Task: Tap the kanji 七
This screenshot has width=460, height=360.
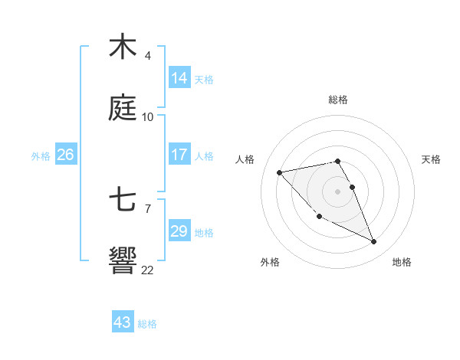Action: click(x=122, y=201)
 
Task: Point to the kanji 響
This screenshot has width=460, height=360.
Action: click(x=122, y=261)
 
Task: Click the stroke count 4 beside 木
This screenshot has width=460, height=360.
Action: click(x=148, y=56)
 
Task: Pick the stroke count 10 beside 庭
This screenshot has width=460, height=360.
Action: click(x=148, y=117)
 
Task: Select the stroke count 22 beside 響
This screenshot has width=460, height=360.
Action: click(x=148, y=270)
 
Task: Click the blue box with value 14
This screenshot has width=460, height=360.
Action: click(x=179, y=78)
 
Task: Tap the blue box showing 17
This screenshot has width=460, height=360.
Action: click(x=179, y=155)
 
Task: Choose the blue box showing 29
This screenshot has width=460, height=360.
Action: click(x=179, y=231)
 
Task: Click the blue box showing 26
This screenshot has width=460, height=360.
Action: click(x=65, y=155)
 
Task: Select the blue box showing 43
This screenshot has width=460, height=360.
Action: click(x=122, y=322)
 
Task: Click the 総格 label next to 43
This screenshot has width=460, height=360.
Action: click(x=148, y=324)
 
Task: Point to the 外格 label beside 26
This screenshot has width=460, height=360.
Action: click(x=41, y=156)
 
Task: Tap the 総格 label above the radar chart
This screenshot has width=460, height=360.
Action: click(x=338, y=100)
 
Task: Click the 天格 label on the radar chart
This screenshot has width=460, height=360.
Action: click(x=432, y=159)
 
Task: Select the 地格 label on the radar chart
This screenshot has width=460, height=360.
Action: click(x=402, y=263)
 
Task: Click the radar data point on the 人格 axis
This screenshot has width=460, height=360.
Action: click(x=279, y=172)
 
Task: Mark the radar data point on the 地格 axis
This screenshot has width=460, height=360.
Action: click(x=374, y=242)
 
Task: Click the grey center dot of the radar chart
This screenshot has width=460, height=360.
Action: click(x=338, y=191)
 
